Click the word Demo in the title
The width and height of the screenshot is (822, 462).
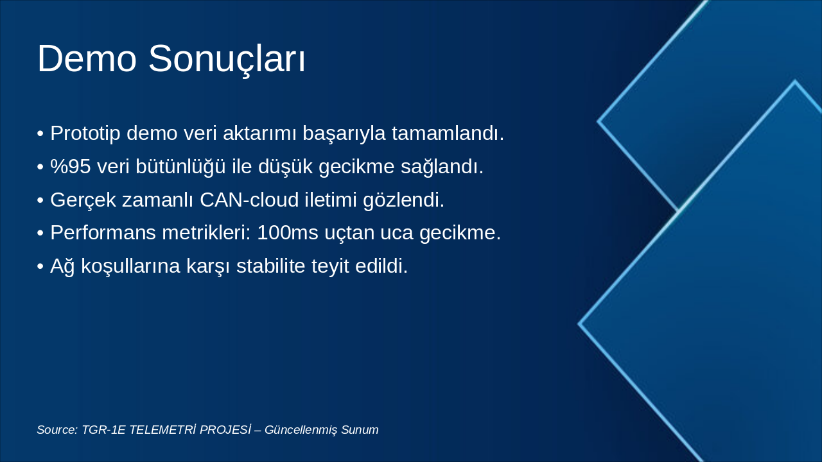(x=87, y=59)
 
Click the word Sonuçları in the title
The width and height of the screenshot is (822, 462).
(x=227, y=59)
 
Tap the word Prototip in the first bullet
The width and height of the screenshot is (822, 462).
(x=85, y=133)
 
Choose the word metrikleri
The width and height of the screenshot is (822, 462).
(x=206, y=233)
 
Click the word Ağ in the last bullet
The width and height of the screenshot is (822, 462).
(x=62, y=266)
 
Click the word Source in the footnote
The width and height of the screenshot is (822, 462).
(x=57, y=430)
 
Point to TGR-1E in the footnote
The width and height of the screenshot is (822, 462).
(x=103, y=430)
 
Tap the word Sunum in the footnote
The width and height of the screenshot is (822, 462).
(x=360, y=430)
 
